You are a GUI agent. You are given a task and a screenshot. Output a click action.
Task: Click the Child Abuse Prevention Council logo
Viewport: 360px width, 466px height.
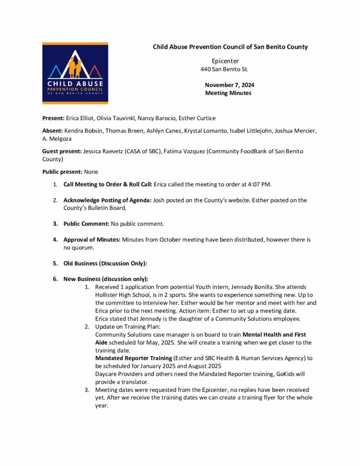(75, 73)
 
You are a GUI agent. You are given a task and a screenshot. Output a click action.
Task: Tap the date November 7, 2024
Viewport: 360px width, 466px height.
(229, 85)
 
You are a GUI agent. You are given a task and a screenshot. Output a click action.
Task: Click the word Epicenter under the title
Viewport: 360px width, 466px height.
(225, 61)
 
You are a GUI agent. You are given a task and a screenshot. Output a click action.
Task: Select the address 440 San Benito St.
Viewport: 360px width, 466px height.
(224, 69)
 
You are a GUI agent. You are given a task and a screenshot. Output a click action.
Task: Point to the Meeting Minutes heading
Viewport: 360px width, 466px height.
(228, 93)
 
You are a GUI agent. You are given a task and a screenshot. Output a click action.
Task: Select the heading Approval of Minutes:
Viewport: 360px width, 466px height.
(92, 240)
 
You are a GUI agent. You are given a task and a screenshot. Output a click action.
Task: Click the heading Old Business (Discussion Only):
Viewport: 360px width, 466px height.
(105, 263)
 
